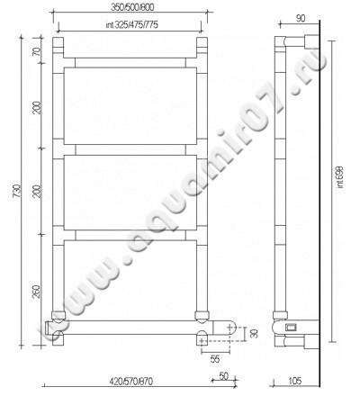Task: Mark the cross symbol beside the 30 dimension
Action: [x=233, y=332]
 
